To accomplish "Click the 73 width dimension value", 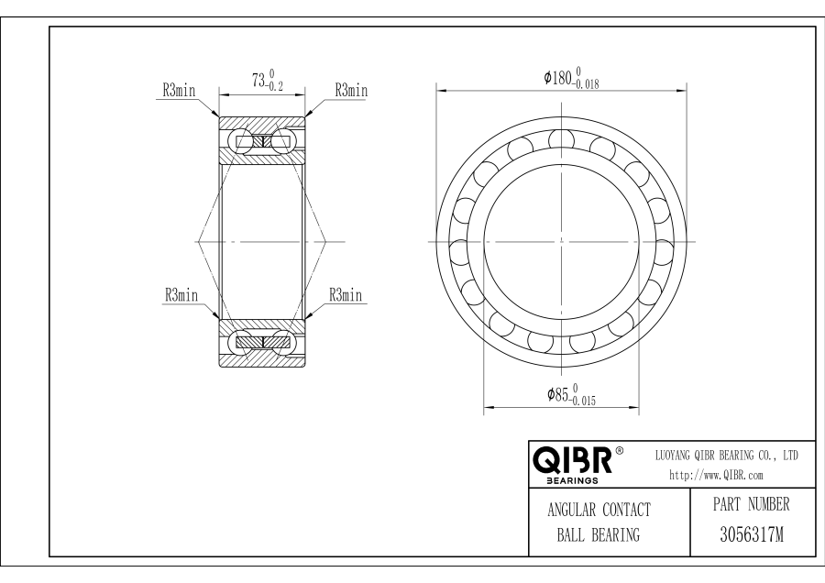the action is click(x=258, y=81).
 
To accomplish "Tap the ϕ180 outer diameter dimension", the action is click(x=571, y=78).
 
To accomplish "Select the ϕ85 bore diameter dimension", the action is click(x=571, y=395).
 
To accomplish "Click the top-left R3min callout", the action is click(x=179, y=91).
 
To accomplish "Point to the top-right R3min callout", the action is click(x=351, y=91).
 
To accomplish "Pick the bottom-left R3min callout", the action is click(x=181, y=294).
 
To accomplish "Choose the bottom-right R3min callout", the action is click(x=346, y=294).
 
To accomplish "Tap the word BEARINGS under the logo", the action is click(x=572, y=480).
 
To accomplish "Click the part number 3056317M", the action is click(x=752, y=534).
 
